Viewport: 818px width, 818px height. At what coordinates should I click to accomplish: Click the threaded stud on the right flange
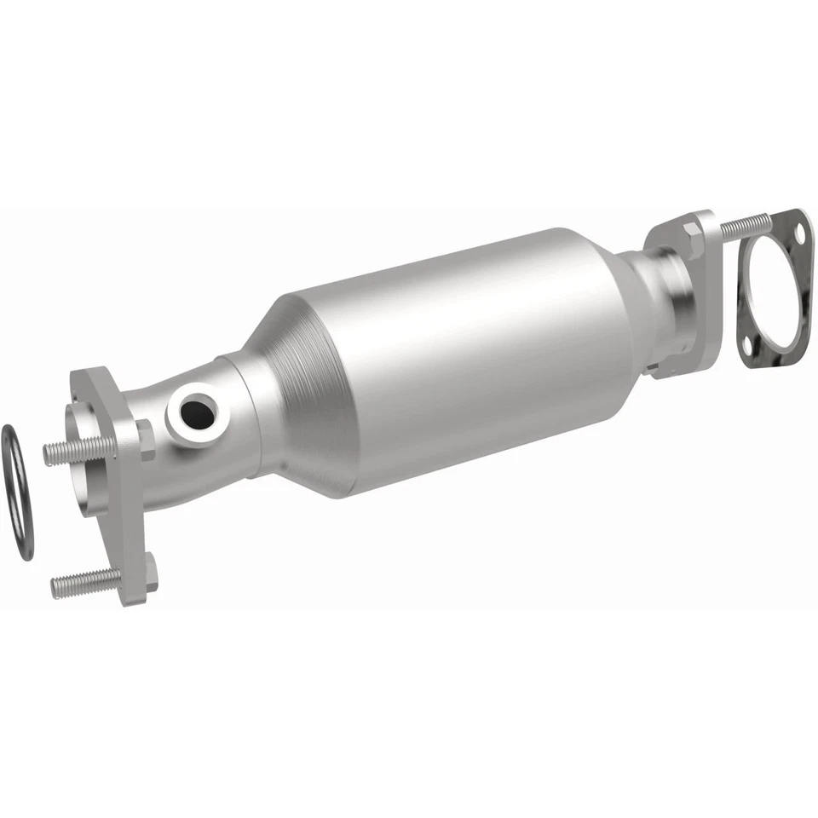point(743,225)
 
